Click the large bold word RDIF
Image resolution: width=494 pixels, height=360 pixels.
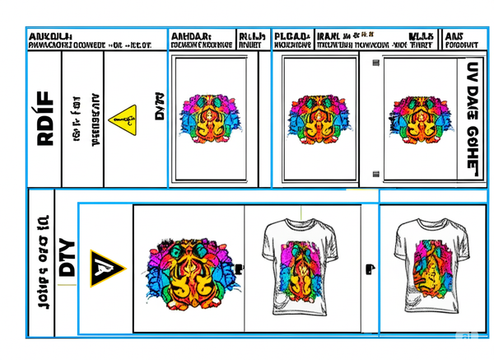[x=44, y=119]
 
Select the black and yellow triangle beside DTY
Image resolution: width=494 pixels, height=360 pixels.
[x=106, y=268]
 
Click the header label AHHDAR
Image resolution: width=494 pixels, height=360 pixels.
[x=191, y=36]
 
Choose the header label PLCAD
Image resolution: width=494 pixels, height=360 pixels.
[x=292, y=36]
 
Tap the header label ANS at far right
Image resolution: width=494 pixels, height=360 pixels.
[x=454, y=36]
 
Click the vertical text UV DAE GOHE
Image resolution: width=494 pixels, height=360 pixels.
[x=472, y=115]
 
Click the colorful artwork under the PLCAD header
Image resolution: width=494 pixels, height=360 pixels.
[x=315, y=117]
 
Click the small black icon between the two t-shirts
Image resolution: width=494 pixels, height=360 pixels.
[x=370, y=269]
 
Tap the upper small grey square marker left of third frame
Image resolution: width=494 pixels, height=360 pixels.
[x=376, y=63]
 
